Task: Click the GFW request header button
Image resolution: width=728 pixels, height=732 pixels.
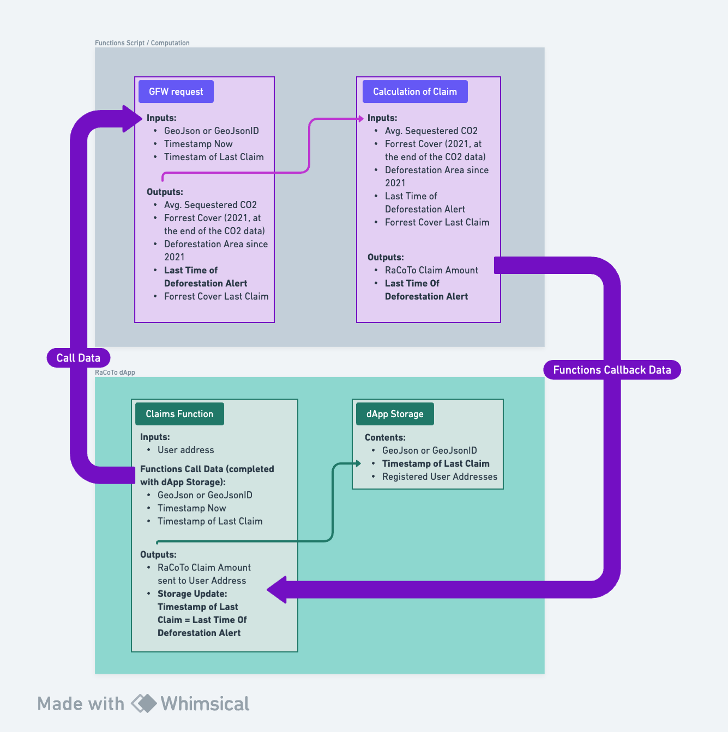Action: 176,91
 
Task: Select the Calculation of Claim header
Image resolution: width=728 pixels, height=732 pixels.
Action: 414,91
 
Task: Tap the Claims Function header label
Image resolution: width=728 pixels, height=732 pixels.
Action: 179,414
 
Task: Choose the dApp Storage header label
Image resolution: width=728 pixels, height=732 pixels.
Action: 394,414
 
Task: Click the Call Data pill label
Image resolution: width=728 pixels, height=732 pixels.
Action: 79,358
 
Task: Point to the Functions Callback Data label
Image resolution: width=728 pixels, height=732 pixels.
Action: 612,370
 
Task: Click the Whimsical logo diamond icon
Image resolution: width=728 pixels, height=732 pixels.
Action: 144,703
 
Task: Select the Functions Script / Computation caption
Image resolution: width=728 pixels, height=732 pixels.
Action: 142,43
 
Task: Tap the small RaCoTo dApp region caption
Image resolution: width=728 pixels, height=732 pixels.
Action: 115,373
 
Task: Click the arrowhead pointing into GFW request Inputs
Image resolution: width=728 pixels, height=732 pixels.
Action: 133,119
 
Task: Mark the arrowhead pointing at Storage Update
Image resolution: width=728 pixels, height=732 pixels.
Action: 277,589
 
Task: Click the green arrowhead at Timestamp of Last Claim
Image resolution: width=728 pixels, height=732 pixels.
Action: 358,463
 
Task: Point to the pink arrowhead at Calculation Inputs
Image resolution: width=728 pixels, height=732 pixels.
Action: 360,118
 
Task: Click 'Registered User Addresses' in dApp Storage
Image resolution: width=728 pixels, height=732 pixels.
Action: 440,477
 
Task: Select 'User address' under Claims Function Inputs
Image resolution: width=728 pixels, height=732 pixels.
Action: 185,450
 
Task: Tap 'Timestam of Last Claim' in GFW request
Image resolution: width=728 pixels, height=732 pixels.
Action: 214,157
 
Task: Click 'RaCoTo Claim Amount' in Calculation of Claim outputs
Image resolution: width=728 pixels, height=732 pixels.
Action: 431,270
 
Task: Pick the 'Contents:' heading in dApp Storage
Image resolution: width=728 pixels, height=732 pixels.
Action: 385,437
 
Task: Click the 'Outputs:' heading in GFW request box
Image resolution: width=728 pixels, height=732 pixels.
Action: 165,192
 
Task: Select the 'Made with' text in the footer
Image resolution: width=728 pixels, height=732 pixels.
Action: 81,704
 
